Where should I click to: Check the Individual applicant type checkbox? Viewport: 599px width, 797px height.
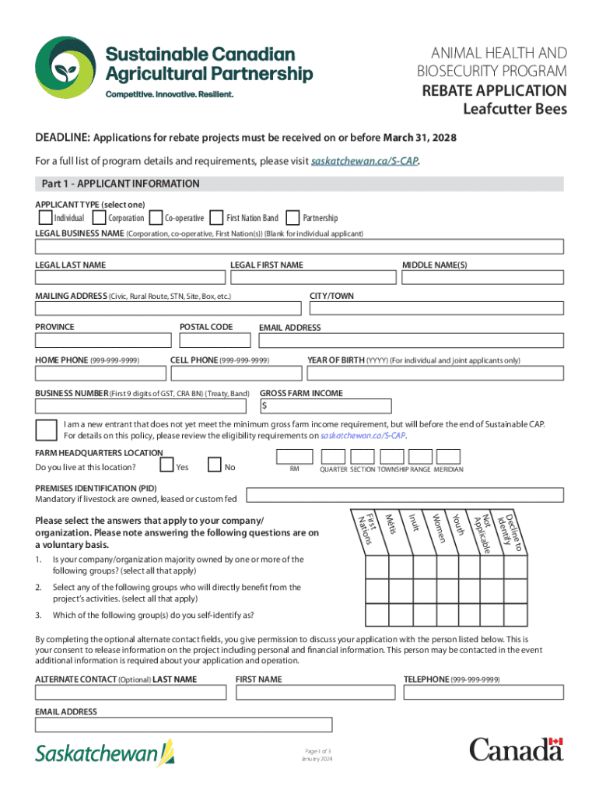pyautogui.click(x=45, y=217)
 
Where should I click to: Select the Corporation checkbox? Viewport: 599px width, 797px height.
pyautogui.click(x=100, y=217)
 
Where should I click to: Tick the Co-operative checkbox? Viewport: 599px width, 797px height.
pyautogui.click(x=156, y=217)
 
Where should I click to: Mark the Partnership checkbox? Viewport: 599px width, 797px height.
pyautogui.click(x=293, y=217)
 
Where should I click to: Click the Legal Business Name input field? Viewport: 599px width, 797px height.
pyautogui.click(x=299, y=247)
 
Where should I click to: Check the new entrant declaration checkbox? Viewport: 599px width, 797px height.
pyautogui.click(x=46, y=430)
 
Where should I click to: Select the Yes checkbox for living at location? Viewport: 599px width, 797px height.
pyautogui.click(x=166, y=465)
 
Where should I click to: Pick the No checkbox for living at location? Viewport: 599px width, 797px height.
pyautogui.click(x=215, y=465)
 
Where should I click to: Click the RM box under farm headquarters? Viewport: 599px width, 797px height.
pyautogui.click(x=295, y=457)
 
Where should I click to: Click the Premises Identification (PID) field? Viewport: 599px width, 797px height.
pyautogui.click(x=405, y=495)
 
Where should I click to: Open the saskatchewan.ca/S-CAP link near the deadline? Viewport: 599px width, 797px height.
pyautogui.click(x=370, y=162)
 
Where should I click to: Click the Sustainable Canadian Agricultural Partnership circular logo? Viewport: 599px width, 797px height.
pyautogui.click(x=65, y=67)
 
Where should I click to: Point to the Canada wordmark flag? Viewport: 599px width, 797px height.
pyautogui.click(x=554, y=743)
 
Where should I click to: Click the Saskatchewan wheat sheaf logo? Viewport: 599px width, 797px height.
pyautogui.click(x=166, y=752)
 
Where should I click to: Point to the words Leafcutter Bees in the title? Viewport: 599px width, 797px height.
pyautogui.click(x=515, y=108)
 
